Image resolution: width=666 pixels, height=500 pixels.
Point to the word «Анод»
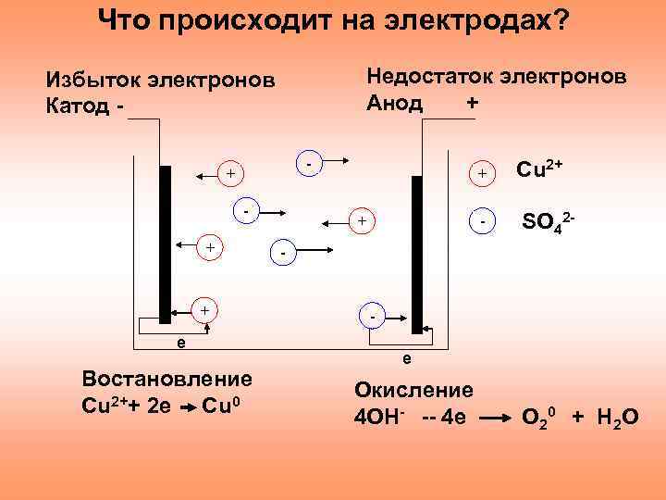click(395, 102)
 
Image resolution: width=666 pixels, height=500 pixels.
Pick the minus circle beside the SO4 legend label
click(482, 222)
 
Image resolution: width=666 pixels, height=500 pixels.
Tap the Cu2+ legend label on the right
click(540, 169)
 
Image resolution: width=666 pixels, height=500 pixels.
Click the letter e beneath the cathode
click(180, 342)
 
